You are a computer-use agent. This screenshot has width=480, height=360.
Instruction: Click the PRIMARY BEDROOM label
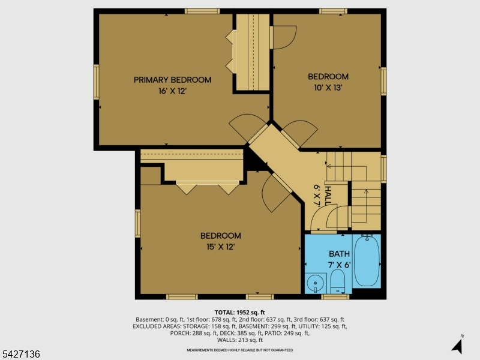click(172, 80)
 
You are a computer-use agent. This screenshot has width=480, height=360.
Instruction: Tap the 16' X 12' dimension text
click(172, 91)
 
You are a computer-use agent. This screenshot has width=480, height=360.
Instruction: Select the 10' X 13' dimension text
click(328, 88)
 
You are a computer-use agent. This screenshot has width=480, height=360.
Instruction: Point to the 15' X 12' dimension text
click(220, 247)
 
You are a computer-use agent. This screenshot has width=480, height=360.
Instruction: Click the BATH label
click(339, 254)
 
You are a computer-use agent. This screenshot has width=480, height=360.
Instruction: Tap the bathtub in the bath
click(367, 261)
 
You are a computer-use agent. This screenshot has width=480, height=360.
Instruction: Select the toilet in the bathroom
click(338, 281)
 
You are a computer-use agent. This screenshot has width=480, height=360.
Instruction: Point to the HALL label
click(328, 196)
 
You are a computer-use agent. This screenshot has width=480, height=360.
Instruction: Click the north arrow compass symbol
click(458, 345)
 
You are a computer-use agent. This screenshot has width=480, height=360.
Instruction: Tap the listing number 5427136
click(20, 354)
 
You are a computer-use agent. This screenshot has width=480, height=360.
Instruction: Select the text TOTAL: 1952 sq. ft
click(239, 313)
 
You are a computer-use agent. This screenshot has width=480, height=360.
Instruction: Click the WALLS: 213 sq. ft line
click(239, 340)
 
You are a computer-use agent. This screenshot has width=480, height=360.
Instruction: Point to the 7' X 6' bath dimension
click(339, 265)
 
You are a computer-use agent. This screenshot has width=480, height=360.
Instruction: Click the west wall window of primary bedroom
click(97, 82)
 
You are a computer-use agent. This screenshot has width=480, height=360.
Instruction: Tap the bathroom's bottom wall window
click(335, 296)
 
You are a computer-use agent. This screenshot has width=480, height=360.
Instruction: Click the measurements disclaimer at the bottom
click(239, 350)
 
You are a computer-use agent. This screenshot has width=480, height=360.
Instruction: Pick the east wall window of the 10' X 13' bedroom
click(383, 82)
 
